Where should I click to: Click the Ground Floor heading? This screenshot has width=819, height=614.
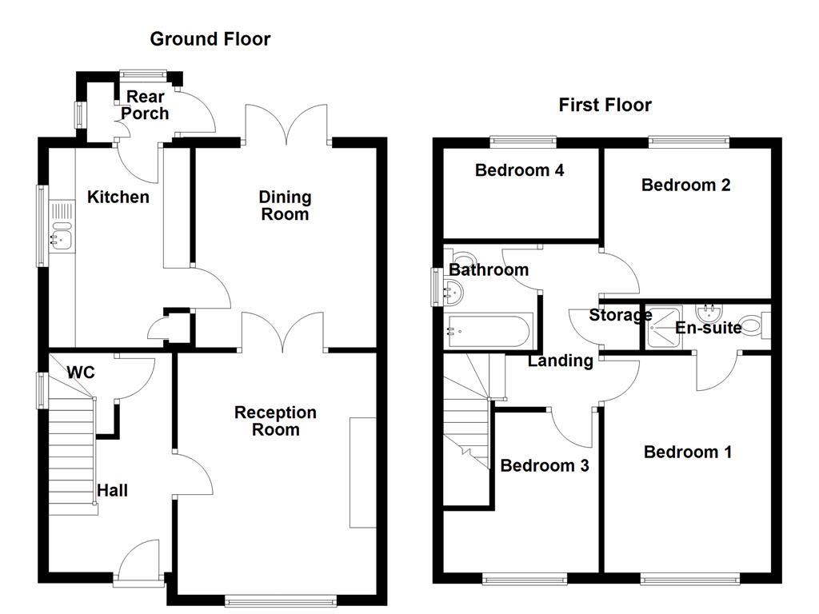(x=210, y=38)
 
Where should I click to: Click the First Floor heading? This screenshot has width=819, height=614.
(x=605, y=105)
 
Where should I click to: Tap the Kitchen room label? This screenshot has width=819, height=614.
(x=118, y=197)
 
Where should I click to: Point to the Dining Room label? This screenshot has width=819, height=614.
(x=285, y=205)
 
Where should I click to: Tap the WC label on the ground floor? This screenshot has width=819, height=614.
(x=81, y=373)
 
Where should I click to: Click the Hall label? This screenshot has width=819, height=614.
(x=112, y=490)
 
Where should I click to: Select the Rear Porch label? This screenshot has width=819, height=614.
(x=145, y=106)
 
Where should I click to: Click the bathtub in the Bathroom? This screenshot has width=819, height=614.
(x=487, y=329)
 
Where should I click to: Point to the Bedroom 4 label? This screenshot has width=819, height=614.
(x=519, y=170)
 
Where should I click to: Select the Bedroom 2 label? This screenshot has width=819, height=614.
(x=685, y=185)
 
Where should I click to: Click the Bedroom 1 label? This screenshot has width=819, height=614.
(x=687, y=452)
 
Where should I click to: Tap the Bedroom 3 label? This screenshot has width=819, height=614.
(x=544, y=465)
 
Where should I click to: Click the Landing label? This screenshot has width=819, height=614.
(x=560, y=361)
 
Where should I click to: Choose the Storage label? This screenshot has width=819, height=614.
(x=620, y=315)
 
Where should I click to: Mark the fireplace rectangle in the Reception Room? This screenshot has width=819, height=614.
(x=362, y=472)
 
